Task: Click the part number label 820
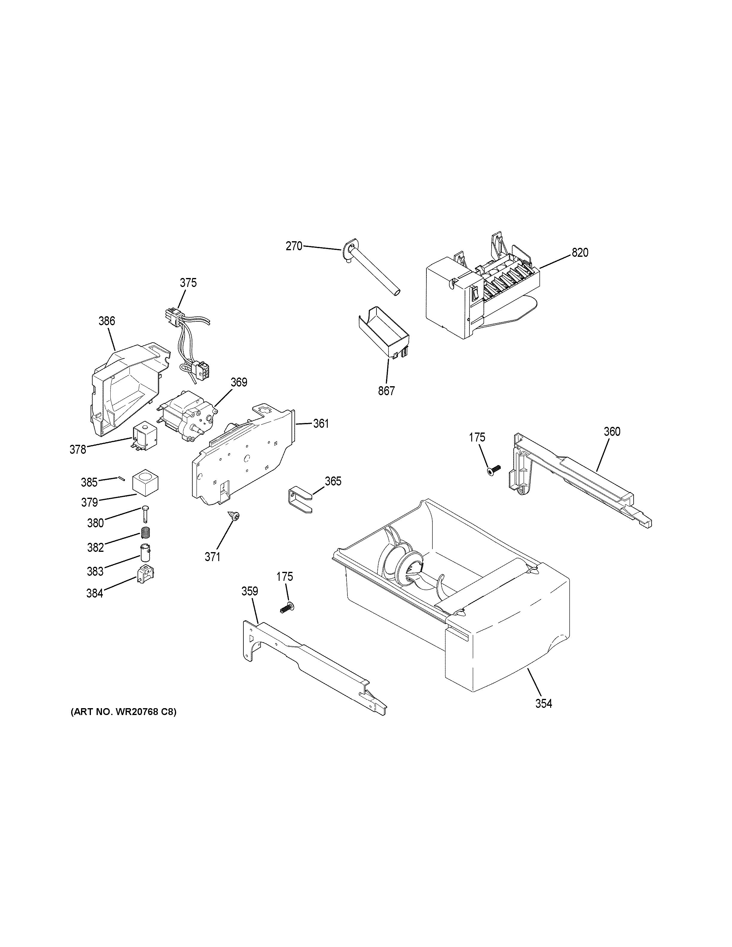[x=580, y=253]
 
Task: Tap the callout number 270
[x=294, y=246]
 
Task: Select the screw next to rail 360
[x=493, y=470]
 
